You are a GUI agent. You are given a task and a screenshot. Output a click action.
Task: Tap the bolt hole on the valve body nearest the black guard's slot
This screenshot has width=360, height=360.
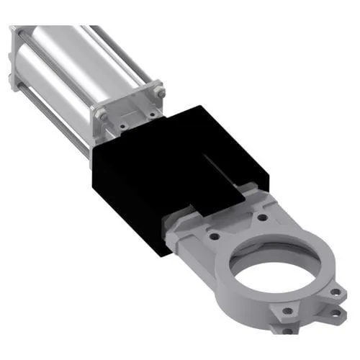(x=264, y=216)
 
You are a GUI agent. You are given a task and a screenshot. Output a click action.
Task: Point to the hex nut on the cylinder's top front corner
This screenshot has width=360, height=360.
(x=159, y=92)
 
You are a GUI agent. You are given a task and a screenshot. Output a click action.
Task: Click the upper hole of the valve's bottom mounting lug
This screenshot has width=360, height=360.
(x=288, y=312)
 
